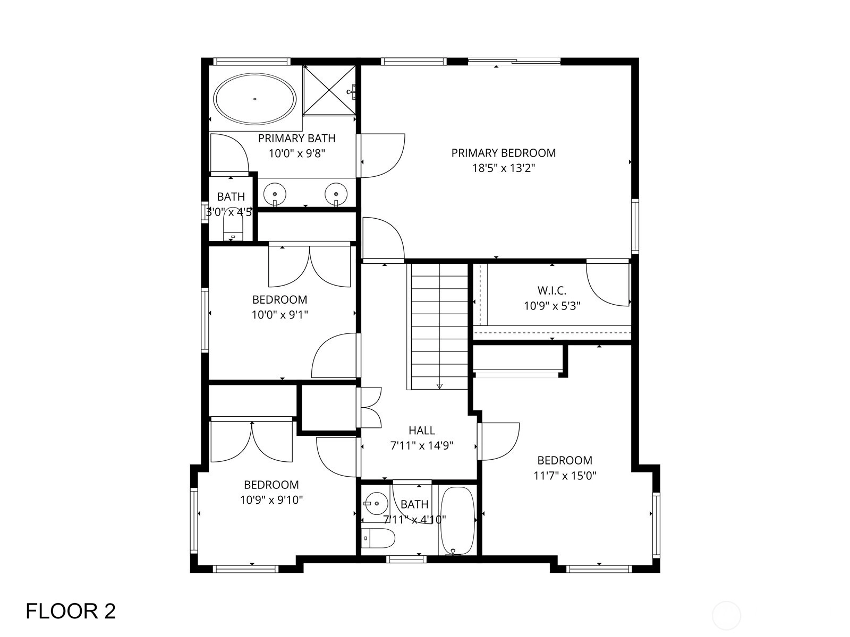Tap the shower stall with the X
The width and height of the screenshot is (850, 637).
click(329, 90)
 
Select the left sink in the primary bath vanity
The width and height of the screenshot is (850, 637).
click(275, 194)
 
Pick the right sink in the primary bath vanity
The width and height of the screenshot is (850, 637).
click(336, 194)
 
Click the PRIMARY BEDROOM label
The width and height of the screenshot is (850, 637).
click(504, 153)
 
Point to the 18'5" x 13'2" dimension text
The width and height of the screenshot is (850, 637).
click(504, 168)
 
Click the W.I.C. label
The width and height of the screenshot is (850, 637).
click(552, 290)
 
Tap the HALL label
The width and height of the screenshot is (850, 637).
click(422, 430)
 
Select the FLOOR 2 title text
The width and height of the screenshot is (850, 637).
click(71, 611)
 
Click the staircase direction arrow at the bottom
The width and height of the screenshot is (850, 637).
click(439, 385)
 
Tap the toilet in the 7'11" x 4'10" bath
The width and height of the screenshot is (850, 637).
click(378, 538)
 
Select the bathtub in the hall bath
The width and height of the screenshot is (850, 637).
click(458, 520)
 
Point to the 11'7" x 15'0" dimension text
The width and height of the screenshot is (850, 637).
click(565, 476)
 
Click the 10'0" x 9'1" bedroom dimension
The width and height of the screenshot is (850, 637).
click(279, 315)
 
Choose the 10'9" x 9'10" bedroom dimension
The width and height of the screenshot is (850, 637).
click(271, 500)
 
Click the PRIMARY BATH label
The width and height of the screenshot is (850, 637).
click(296, 138)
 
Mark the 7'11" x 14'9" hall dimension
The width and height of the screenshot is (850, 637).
click(422, 445)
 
